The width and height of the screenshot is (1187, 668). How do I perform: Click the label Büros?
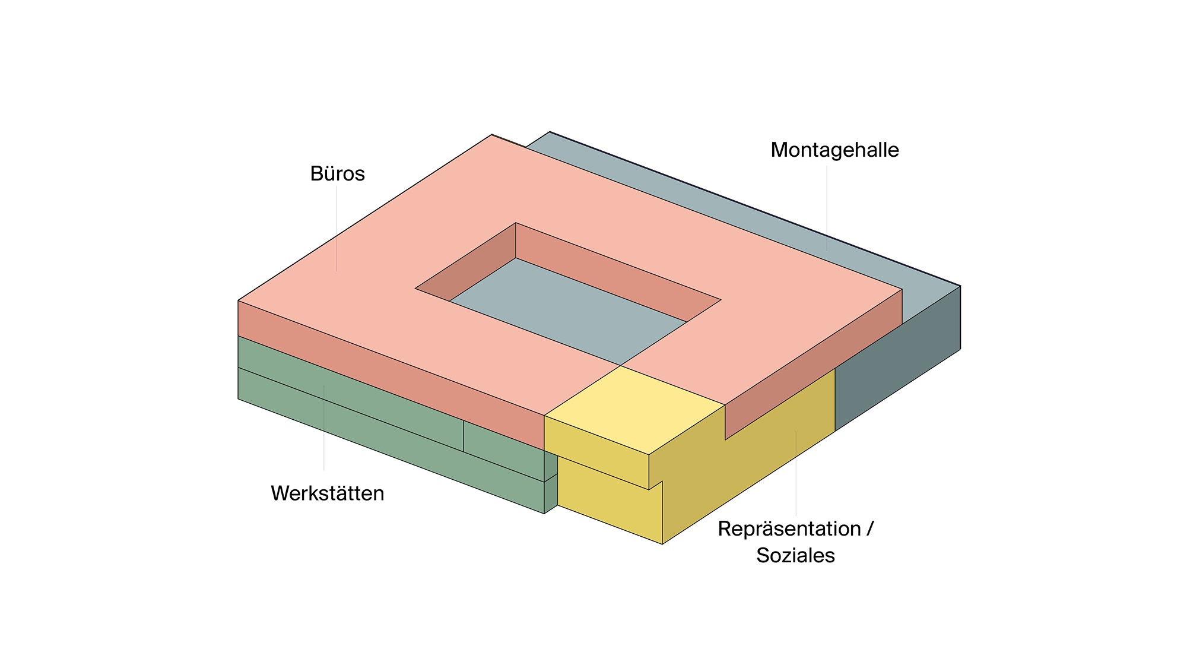point(337,174)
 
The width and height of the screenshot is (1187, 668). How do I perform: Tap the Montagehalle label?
point(834,150)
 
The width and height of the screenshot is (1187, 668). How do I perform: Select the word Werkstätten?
point(327,493)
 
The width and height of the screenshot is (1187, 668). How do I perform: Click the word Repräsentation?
point(789,528)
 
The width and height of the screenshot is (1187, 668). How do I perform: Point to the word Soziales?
point(795,556)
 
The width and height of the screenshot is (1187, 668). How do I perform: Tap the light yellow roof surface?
point(632,410)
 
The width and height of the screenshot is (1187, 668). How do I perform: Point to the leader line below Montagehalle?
point(827,208)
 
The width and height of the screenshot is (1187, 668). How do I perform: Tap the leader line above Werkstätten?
point(324,428)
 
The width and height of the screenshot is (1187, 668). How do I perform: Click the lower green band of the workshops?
point(356,428)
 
